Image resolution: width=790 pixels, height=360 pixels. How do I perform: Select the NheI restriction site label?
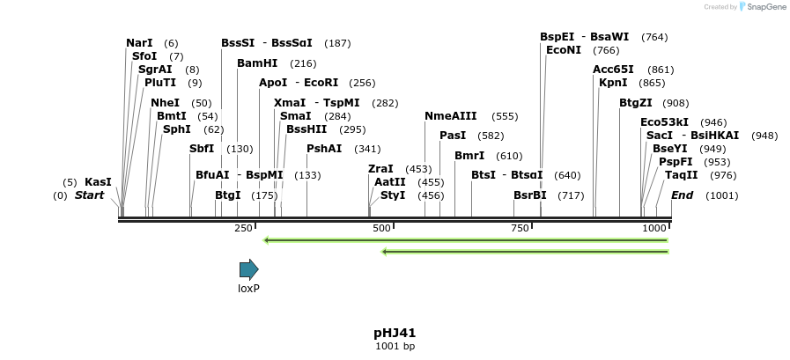pyautogui.click(x=165, y=103)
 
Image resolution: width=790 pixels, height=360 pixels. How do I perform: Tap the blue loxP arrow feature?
pyautogui.click(x=248, y=269)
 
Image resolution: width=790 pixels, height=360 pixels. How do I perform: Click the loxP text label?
pyautogui.click(x=248, y=289)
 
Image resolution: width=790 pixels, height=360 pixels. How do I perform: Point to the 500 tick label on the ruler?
pyautogui.click(x=382, y=229)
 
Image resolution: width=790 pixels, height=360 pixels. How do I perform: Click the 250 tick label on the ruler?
pyautogui.click(x=243, y=229)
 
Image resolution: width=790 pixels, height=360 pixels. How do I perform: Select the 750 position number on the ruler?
pyautogui.click(x=520, y=229)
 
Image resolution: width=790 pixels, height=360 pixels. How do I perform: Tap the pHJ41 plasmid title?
pyautogui.click(x=395, y=333)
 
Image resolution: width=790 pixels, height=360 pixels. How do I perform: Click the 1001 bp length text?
pyautogui.click(x=395, y=347)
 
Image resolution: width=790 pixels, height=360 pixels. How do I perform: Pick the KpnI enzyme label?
pyautogui.click(x=613, y=83)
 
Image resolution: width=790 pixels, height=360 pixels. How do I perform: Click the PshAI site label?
pyautogui.click(x=324, y=149)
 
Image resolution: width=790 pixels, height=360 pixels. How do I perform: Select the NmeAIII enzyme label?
pyautogui.click(x=450, y=116)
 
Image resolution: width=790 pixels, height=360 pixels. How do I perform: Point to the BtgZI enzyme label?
pyautogui.click(x=635, y=103)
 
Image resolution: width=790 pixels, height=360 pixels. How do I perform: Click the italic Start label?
pyautogui.click(x=89, y=195)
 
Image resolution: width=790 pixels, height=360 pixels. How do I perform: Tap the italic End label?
pyautogui.click(x=682, y=195)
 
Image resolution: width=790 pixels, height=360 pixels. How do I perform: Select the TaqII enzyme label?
pyautogui.click(x=682, y=175)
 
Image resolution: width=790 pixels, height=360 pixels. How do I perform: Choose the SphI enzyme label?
pyautogui.click(x=176, y=129)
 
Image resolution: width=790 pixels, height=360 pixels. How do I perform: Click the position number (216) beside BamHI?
pyautogui.click(x=303, y=63)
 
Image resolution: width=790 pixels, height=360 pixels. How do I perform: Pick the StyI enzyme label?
pyautogui.click(x=393, y=195)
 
